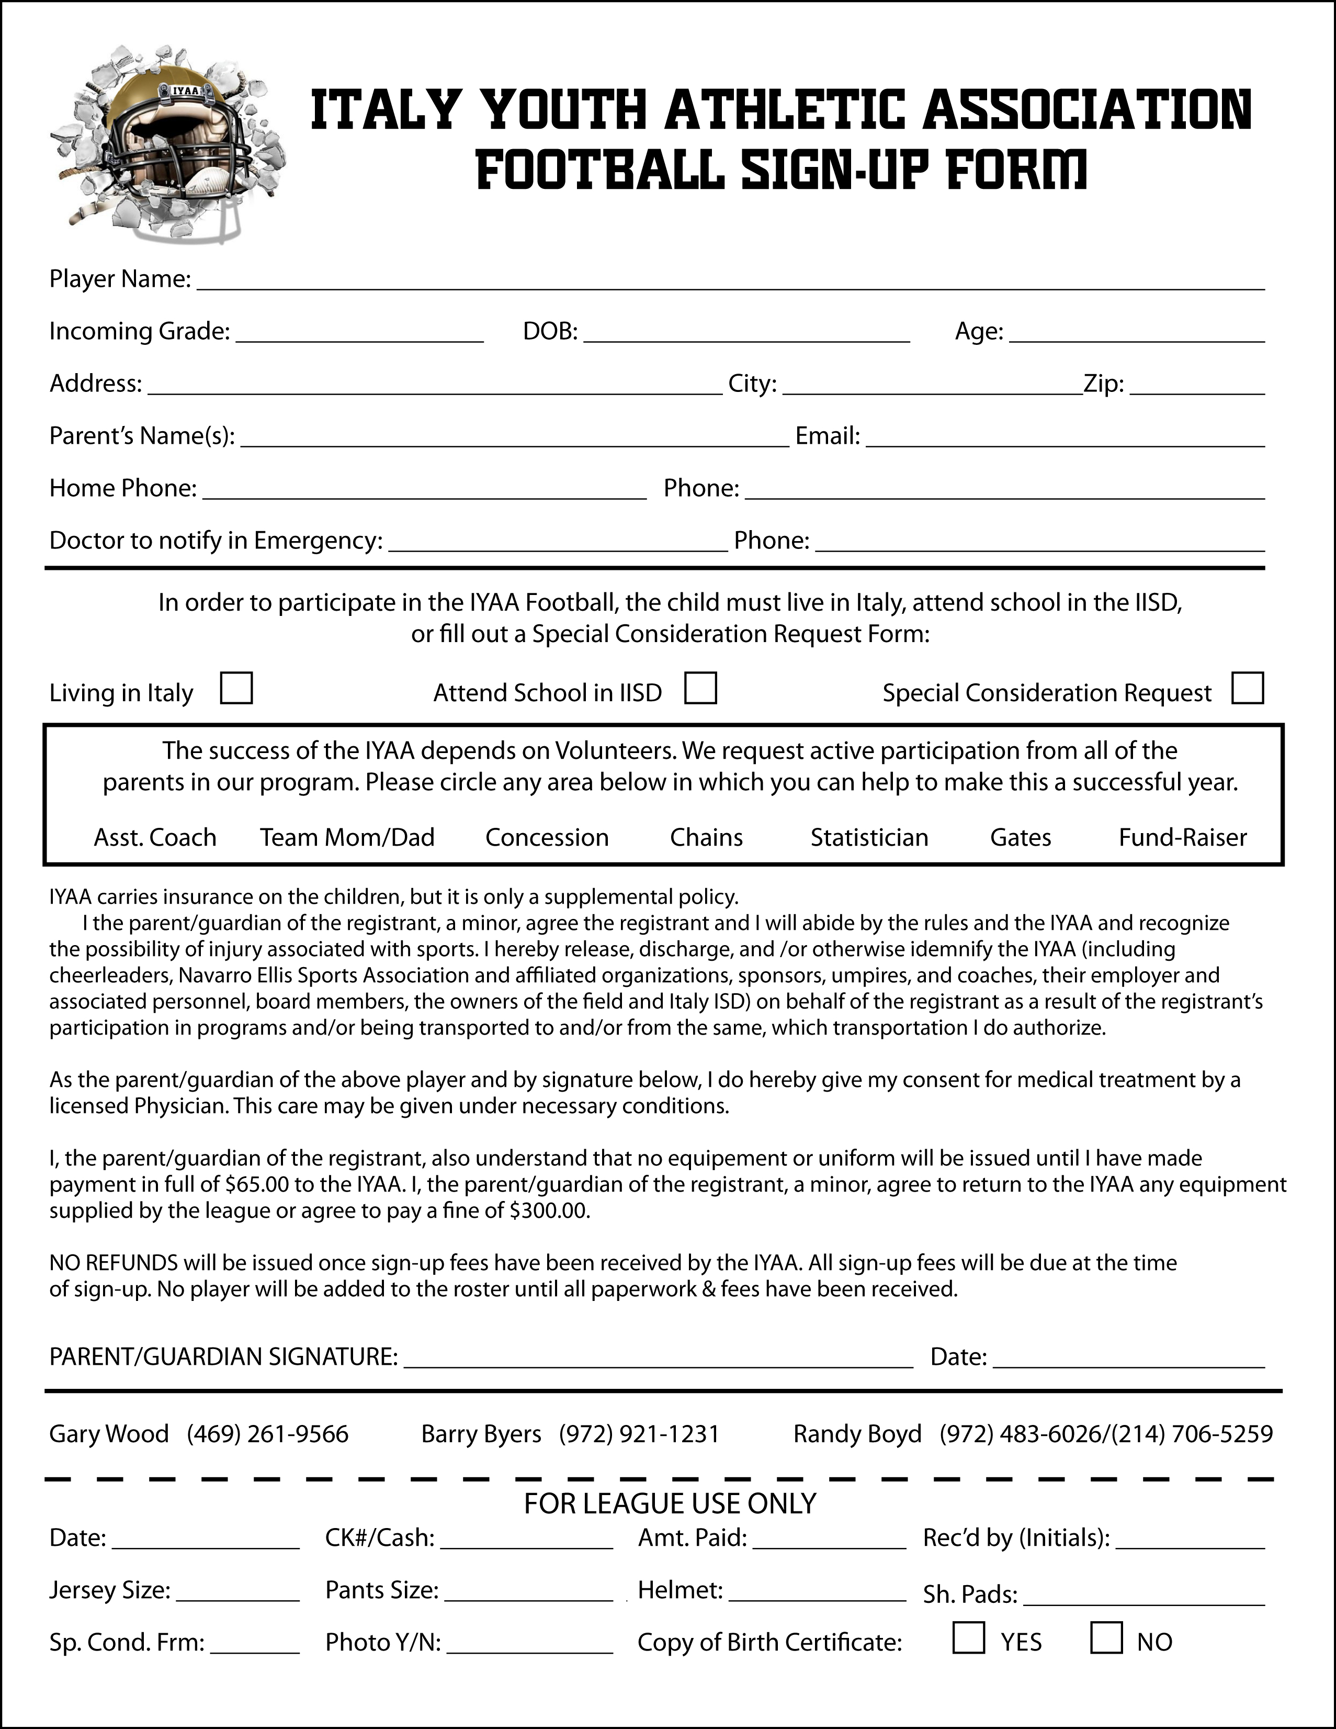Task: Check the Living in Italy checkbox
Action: pos(236,688)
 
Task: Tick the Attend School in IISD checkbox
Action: pos(700,688)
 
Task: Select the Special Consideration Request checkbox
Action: pos(1248,688)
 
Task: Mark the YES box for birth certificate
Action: pos(968,1637)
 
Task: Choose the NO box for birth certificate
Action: pos(1106,1637)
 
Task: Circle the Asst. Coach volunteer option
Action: pos(155,838)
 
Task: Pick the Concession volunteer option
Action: pos(547,838)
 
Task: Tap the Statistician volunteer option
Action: pos(869,838)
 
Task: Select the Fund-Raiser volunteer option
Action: pos(1182,838)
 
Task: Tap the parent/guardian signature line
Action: pos(659,1360)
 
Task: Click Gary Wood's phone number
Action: pos(267,1434)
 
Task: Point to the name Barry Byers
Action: pos(481,1434)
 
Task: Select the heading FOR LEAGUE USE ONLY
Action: pos(670,1504)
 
